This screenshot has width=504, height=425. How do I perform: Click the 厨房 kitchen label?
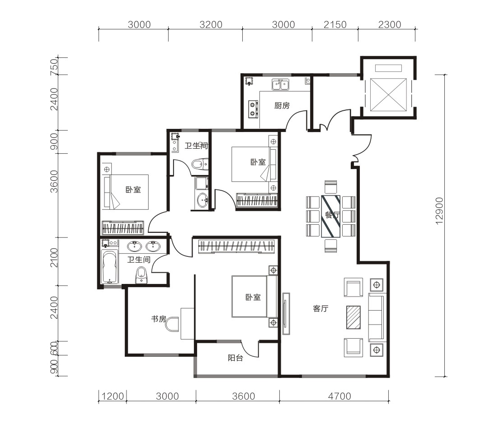point(282,105)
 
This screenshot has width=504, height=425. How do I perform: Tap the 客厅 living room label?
point(320,309)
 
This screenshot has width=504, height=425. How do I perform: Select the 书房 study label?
point(159,319)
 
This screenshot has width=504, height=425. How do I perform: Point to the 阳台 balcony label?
point(236,358)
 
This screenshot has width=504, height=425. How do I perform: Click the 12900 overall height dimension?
point(439,211)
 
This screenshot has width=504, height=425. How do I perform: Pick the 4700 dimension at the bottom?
point(339,396)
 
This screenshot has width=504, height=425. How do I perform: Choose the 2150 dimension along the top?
point(335,24)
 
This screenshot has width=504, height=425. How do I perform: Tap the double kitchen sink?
point(280,85)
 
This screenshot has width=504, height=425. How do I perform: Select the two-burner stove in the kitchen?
point(253,109)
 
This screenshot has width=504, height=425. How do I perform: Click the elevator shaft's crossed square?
point(388,95)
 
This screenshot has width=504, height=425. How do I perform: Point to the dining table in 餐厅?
point(330,217)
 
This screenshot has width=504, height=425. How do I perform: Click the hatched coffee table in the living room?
point(353,317)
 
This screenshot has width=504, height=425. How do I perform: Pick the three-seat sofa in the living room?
point(376,317)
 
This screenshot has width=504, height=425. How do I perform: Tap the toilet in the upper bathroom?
point(200,164)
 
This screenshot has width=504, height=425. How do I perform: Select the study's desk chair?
point(172,324)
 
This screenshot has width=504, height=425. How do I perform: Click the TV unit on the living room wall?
point(286,313)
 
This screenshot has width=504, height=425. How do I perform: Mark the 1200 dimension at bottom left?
point(113,396)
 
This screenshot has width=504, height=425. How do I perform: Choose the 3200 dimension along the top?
point(211,24)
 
